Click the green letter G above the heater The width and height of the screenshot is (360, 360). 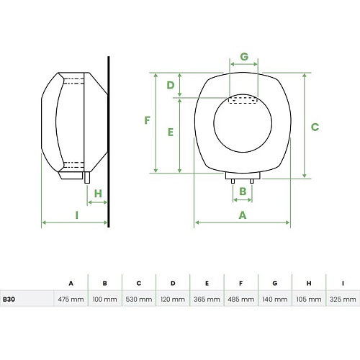point(244,57)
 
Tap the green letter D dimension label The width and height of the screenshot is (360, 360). point(171,85)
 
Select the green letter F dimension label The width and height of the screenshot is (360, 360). point(147,120)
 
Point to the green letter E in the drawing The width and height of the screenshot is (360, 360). point(171,132)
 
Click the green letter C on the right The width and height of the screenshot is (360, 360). point(315,127)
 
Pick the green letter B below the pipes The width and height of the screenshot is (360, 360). point(243,192)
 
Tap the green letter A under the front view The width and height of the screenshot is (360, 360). point(243,215)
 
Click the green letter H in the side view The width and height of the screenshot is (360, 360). point(98,194)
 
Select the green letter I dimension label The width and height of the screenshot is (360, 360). point(77,215)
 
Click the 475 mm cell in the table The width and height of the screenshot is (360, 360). point(71,300)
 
